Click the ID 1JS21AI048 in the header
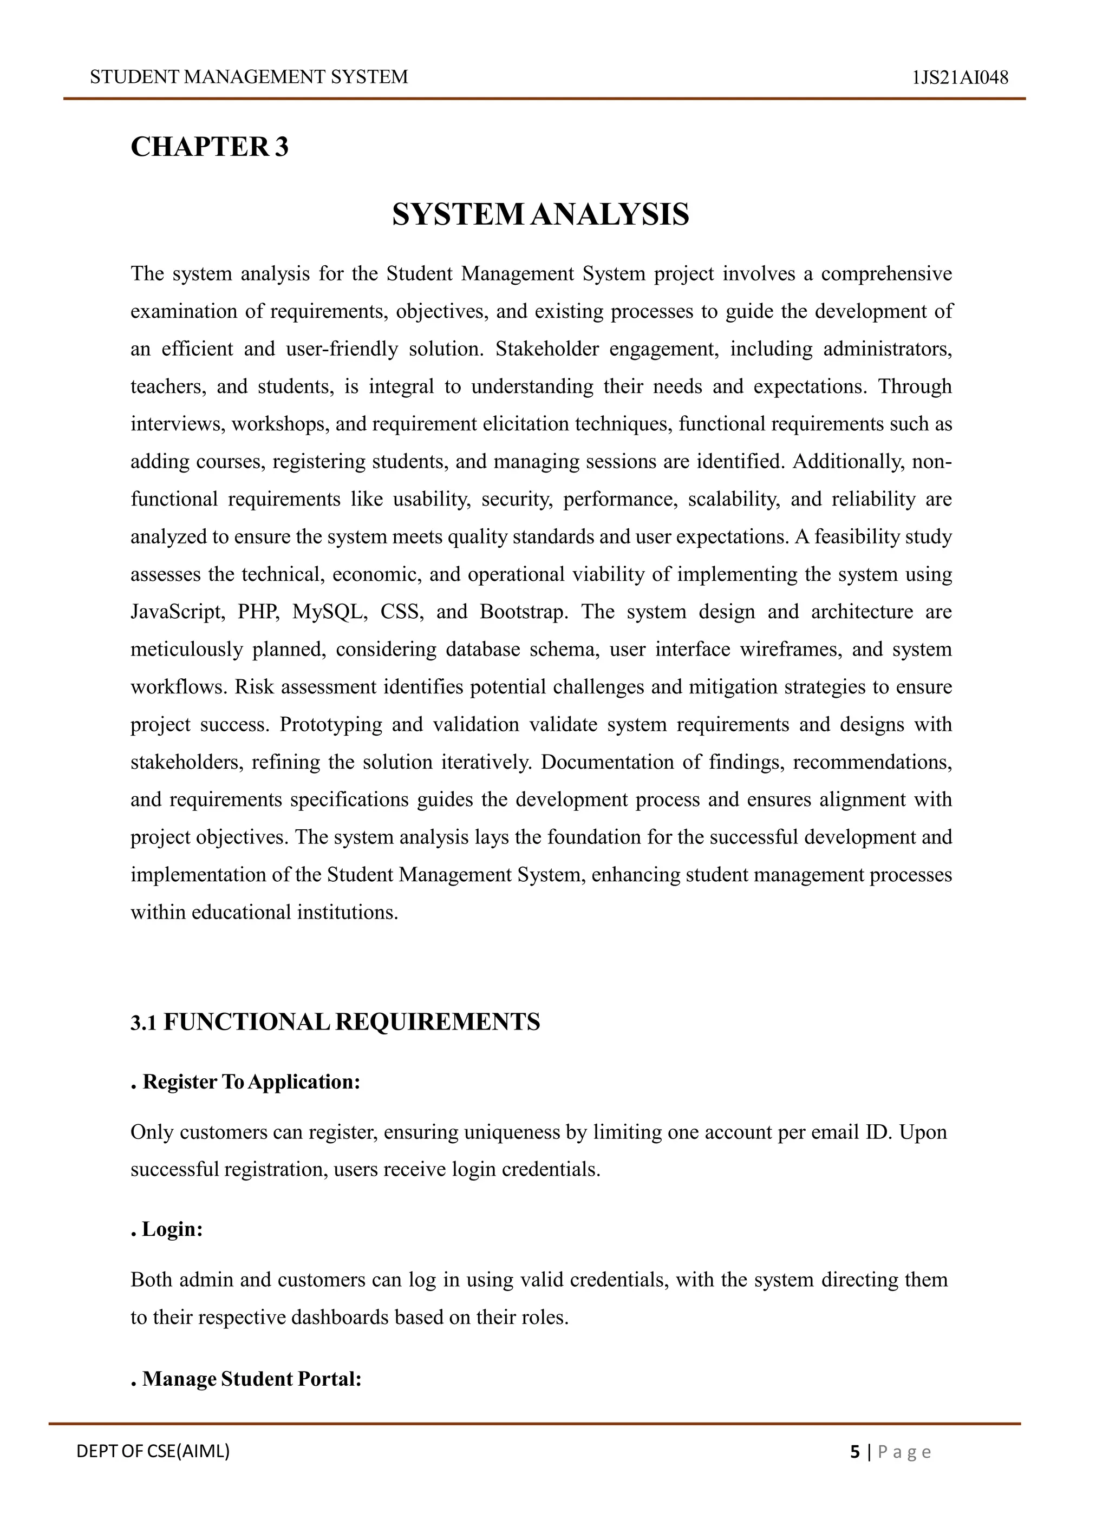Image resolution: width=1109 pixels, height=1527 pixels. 960,77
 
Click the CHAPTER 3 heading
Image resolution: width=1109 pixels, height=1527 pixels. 210,147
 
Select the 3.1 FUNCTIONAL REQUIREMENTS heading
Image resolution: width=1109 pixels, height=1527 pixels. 335,1021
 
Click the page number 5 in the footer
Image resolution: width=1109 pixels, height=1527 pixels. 855,1452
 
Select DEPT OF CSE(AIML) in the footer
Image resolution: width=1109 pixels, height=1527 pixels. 153,1451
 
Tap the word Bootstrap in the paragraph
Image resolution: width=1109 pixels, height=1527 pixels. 524,612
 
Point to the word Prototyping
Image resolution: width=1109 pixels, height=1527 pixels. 331,724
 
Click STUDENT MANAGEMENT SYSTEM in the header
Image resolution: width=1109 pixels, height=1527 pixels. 249,77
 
